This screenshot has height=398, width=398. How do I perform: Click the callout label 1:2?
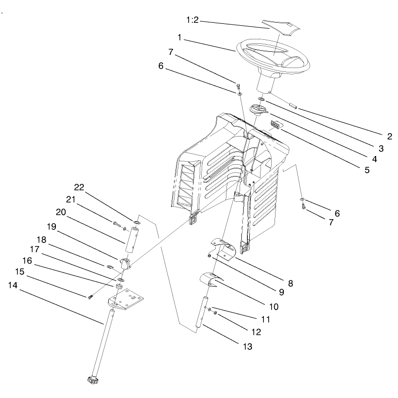[192, 20]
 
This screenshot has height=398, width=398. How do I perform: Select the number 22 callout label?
[79, 187]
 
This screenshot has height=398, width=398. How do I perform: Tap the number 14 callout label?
[13, 285]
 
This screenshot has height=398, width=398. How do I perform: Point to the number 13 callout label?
[247, 346]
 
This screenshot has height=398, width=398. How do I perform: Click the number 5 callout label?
[367, 170]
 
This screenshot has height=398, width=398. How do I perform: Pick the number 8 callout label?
[291, 283]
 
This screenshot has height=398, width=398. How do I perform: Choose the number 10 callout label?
[274, 307]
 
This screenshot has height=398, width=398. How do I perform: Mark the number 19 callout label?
[52, 226]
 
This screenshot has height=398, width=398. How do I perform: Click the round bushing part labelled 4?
[258, 110]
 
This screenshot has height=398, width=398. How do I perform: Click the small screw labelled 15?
[90, 296]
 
